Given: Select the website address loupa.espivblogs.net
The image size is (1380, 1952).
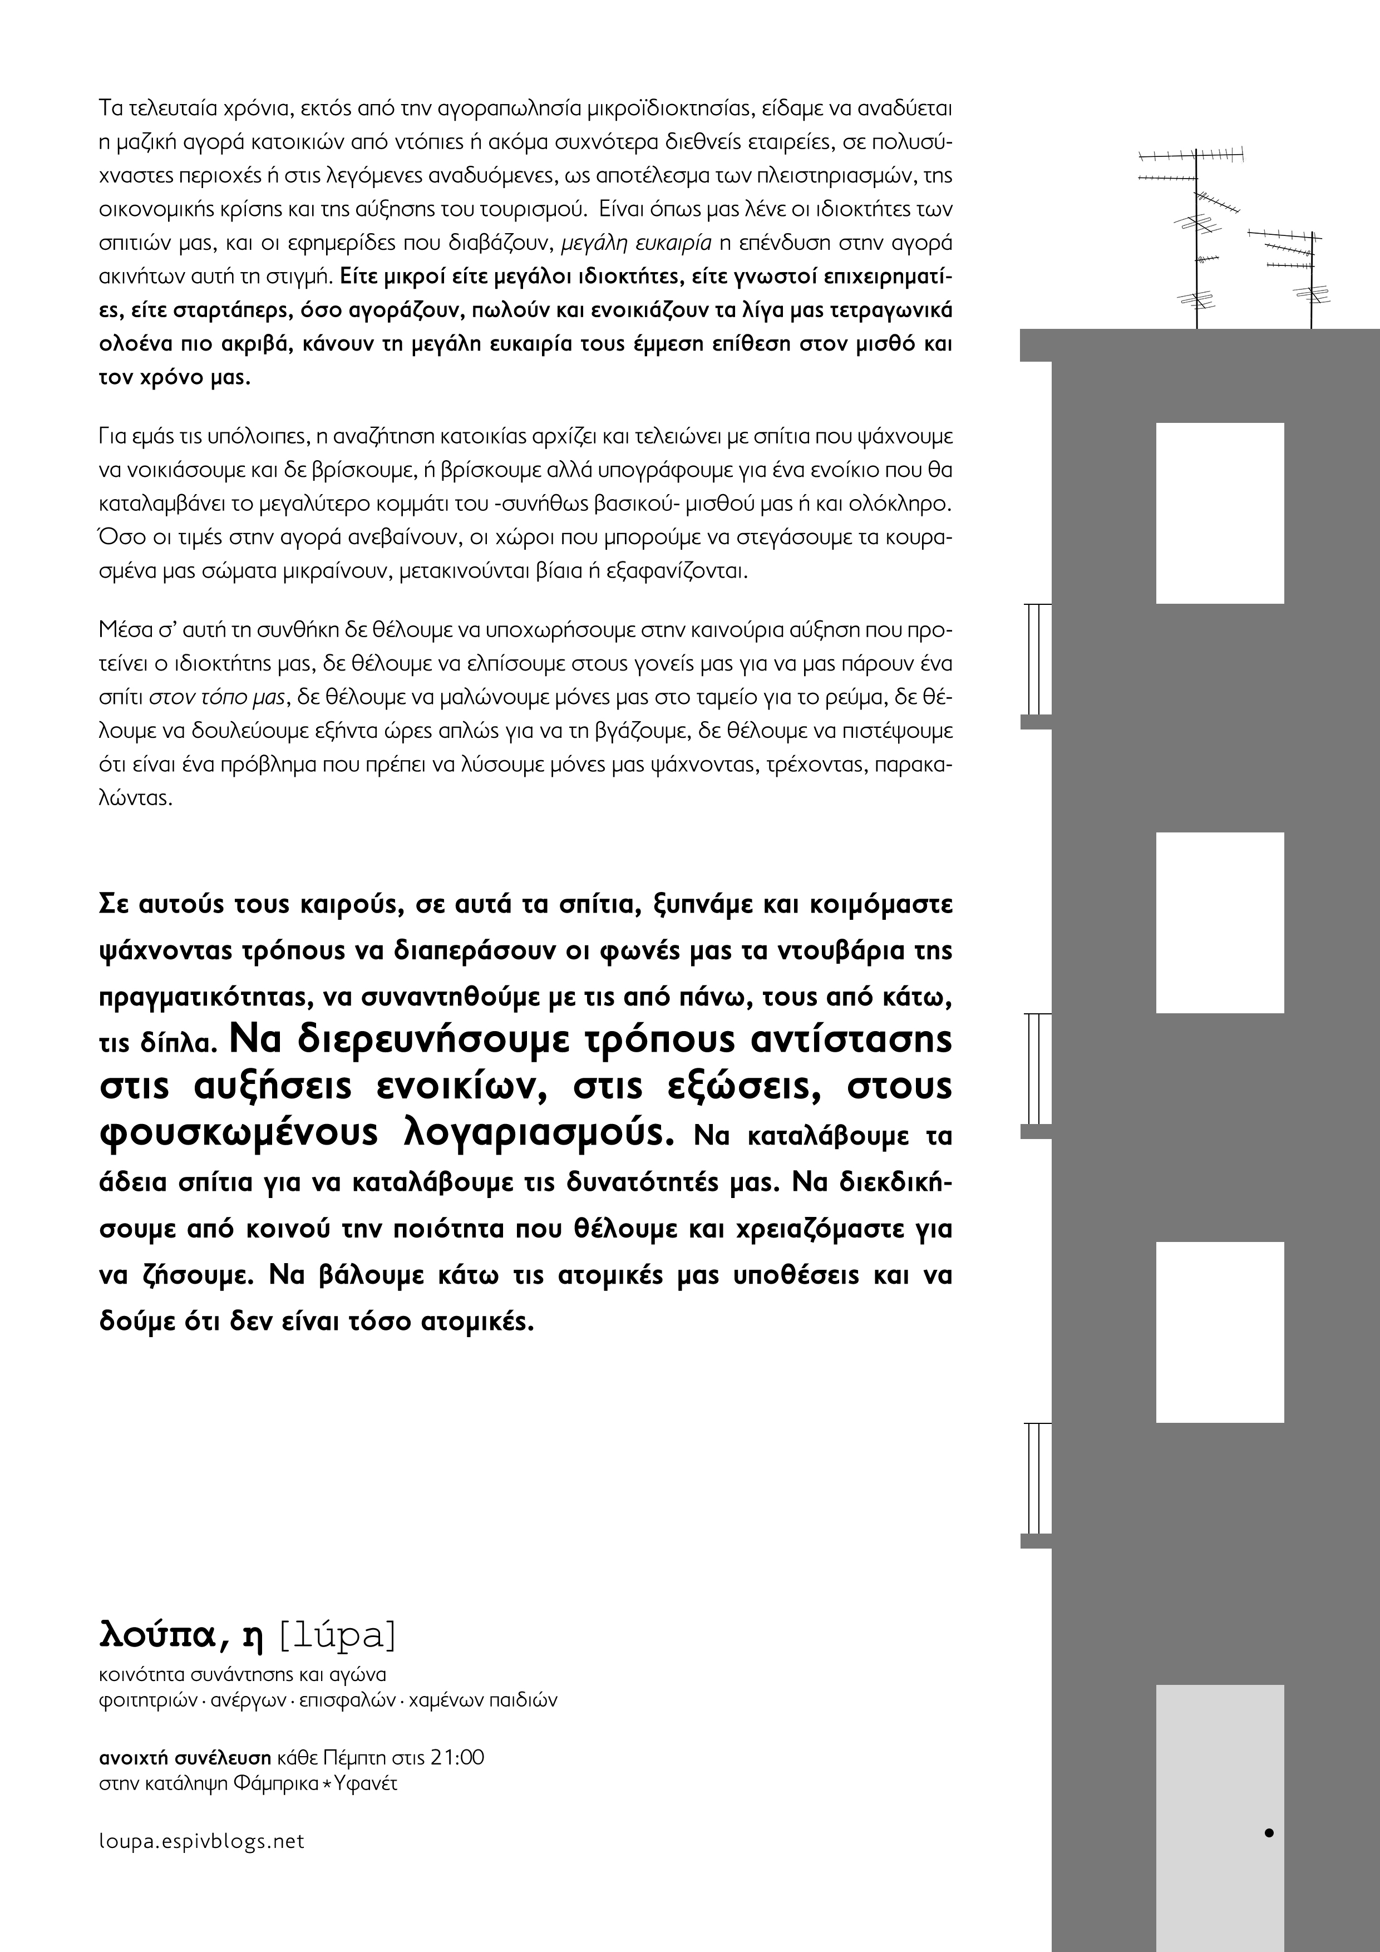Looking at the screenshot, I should [201, 1841].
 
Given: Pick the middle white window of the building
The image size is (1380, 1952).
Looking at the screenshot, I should [1219, 923].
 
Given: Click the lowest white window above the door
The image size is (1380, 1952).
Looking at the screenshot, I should [1219, 1332].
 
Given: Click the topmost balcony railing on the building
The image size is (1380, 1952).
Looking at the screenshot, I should [1035, 659].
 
